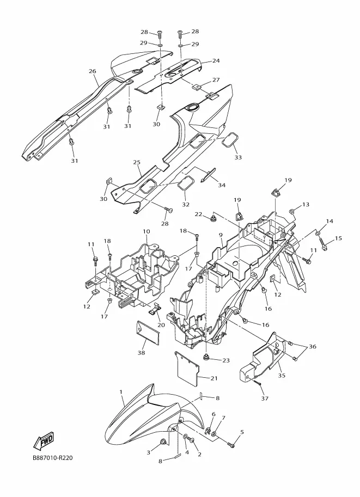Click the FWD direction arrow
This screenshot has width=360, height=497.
tap(44, 440)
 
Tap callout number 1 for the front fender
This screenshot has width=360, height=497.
tap(121, 392)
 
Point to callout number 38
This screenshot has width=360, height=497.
tap(141, 352)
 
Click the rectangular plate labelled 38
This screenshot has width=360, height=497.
tap(148, 330)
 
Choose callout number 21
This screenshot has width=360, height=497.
tap(214, 378)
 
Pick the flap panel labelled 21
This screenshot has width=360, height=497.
tap(187, 367)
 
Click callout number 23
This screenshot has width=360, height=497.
tap(226, 360)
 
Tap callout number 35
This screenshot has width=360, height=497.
tap(282, 376)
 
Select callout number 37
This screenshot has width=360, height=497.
tap(265, 398)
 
